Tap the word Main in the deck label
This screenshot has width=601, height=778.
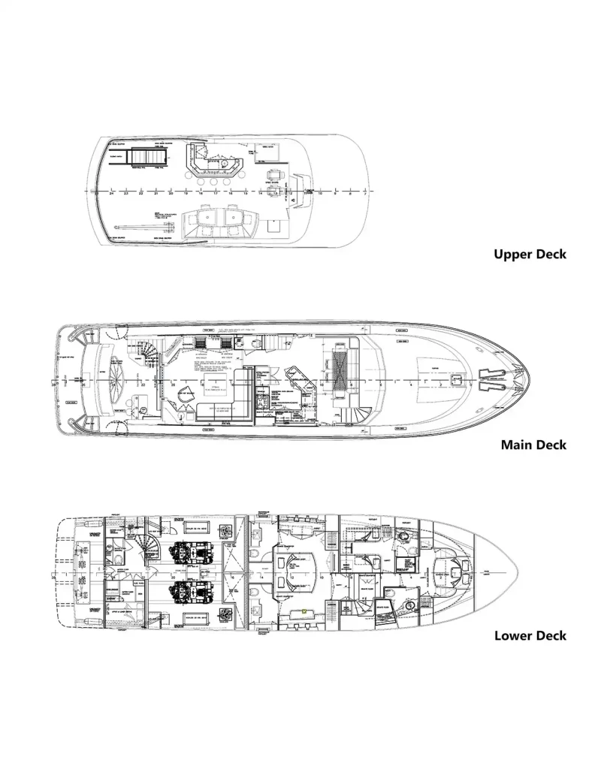tap(518, 445)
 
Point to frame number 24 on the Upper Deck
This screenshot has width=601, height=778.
tap(112, 194)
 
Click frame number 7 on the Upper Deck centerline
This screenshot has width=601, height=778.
tap(365, 194)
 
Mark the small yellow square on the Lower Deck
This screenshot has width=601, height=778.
tap(304, 611)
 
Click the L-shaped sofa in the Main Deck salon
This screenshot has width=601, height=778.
tap(225, 402)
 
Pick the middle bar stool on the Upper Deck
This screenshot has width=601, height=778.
tap(215, 181)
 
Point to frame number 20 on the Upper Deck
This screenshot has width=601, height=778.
tap(171, 194)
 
